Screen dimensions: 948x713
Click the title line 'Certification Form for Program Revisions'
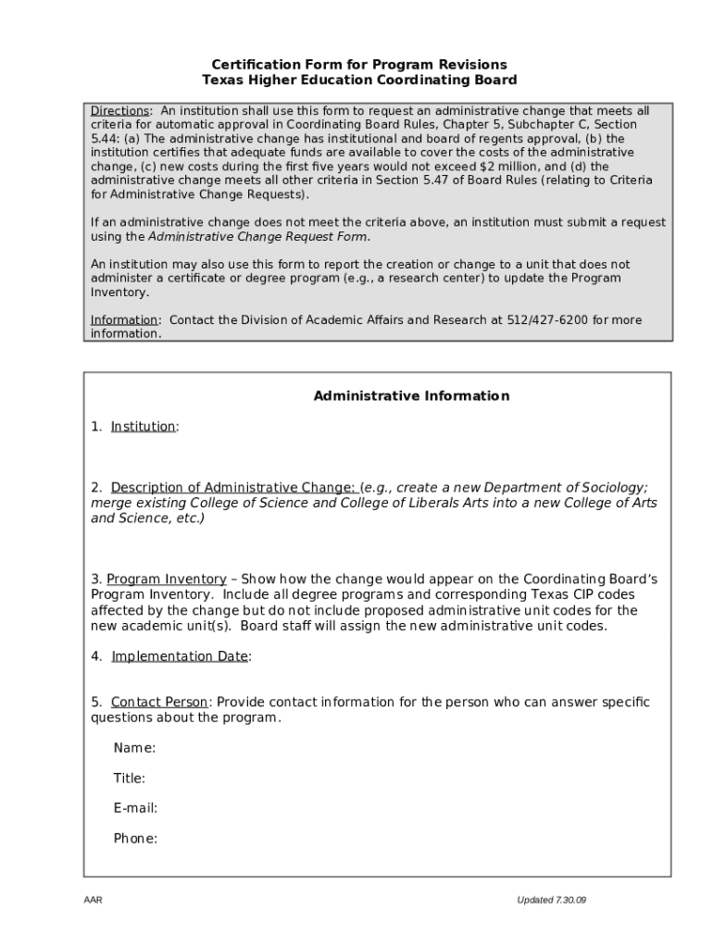(359, 65)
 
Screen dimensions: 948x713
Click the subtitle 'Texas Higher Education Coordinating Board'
(359, 81)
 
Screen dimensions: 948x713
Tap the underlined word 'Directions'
(119, 111)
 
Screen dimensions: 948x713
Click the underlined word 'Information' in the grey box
(124, 320)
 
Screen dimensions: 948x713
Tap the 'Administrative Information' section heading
(411, 396)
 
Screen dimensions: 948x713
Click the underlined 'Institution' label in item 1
(143, 427)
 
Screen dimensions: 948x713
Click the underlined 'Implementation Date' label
(180, 656)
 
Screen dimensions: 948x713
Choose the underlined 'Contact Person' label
(159, 702)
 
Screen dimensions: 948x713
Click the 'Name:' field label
(134, 748)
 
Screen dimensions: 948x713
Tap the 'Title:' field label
(130, 779)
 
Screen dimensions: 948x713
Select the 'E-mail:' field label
(135, 808)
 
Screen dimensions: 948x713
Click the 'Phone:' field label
(135, 839)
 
